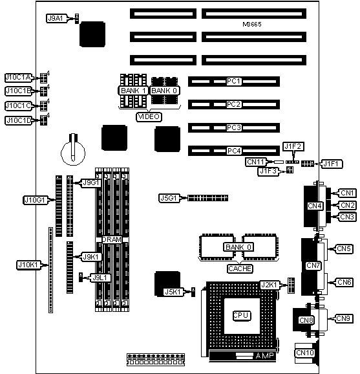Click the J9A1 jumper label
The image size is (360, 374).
56,18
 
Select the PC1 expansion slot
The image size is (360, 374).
234,82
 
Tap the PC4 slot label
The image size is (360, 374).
234,151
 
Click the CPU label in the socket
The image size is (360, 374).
241,316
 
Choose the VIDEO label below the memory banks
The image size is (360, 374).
149,116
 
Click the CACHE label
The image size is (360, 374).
239,269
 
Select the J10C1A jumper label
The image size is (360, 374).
19,77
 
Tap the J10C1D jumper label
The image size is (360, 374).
19,120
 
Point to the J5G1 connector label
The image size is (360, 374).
169,198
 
